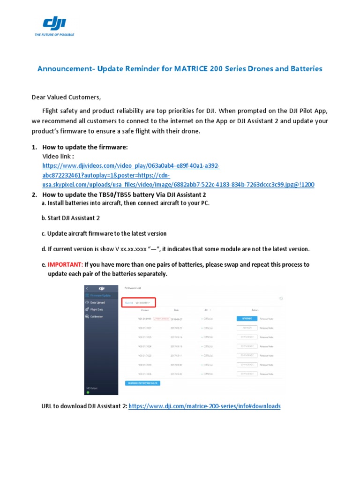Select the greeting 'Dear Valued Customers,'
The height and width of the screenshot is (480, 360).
tap(66, 97)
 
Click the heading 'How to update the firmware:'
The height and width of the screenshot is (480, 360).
tap(85, 147)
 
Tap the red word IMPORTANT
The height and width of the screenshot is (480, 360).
tap(65, 264)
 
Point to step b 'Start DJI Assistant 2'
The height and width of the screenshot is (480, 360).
tap(71, 218)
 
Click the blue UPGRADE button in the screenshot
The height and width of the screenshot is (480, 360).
tap(247, 318)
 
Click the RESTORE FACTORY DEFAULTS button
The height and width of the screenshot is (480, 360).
tap(143, 383)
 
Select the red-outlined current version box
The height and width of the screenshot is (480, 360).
tap(138, 303)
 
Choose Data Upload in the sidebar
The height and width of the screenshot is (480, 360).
tap(97, 302)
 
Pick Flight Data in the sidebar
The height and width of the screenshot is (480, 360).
tap(97, 309)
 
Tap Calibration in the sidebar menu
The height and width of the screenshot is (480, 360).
tap(97, 316)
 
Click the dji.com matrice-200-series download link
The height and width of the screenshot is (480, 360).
tap(204, 406)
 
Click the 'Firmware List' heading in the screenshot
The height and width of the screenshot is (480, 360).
tap(133, 288)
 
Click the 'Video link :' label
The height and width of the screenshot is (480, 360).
tap(58, 157)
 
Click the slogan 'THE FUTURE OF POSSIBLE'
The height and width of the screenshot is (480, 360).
tap(54, 35)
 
